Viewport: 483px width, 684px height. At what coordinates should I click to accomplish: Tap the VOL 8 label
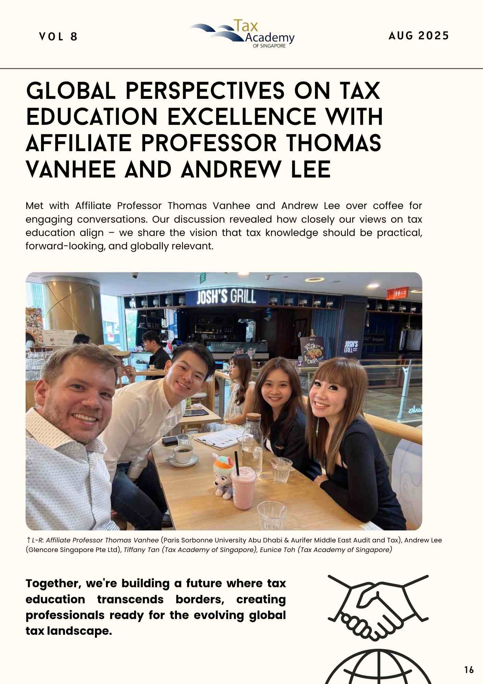click(58, 37)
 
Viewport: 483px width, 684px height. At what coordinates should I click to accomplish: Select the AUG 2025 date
click(418, 36)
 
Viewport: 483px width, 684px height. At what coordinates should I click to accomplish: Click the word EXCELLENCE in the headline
click(242, 117)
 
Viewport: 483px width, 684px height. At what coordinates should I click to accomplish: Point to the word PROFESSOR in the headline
click(209, 143)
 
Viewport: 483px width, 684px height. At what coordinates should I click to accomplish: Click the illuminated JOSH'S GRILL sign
click(226, 297)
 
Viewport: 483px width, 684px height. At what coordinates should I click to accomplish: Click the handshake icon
click(378, 607)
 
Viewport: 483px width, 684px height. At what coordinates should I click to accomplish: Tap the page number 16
click(469, 670)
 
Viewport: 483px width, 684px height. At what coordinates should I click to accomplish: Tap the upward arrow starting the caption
click(28, 540)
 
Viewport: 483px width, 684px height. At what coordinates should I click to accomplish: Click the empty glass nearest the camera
click(272, 515)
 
